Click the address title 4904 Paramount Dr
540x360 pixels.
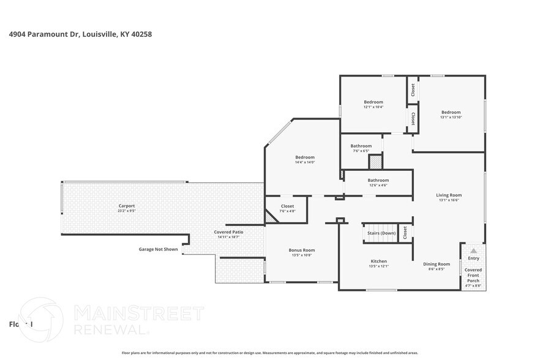point(80,34)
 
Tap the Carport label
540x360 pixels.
point(126,206)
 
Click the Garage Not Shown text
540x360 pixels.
point(158,249)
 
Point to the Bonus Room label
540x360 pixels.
point(301,250)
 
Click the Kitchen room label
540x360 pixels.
point(378,261)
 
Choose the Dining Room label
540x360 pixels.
point(437,264)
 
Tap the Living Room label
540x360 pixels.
point(448,195)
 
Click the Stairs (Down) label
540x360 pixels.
point(381,233)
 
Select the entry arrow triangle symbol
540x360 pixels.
point(473,250)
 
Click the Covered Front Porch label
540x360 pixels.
point(473,275)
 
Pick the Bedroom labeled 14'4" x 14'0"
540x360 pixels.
point(305,157)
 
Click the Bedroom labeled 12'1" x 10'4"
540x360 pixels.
point(373,102)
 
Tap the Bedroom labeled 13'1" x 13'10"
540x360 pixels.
point(451,112)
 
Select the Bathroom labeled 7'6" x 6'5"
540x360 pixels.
point(361,146)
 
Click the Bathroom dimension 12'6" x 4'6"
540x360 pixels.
point(378,186)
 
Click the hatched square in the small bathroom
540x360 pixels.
point(375,162)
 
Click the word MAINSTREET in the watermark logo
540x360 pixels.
point(138,314)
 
